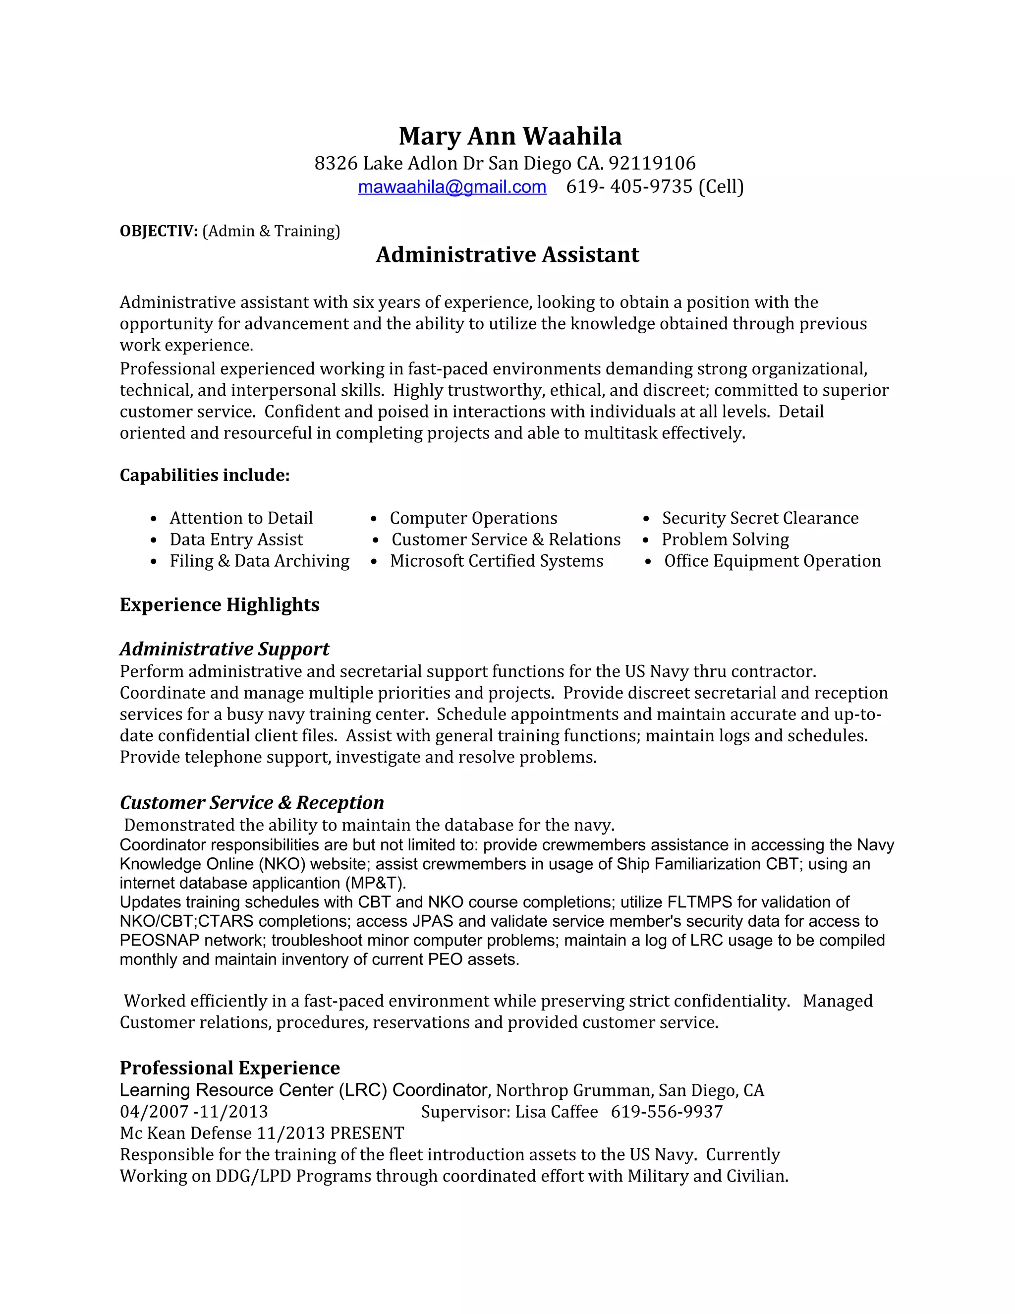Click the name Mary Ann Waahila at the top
[x=510, y=136]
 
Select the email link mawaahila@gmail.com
[x=451, y=187]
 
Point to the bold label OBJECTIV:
[x=159, y=231]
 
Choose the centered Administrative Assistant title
[x=507, y=254]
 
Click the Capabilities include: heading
[x=205, y=476]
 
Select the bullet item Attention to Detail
[x=241, y=518]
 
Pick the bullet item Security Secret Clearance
[x=760, y=518]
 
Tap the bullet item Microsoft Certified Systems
[x=496, y=561]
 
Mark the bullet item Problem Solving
[x=725, y=539]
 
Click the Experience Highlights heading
[x=220, y=604]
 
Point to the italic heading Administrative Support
[x=225, y=649]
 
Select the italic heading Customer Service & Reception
[x=251, y=803]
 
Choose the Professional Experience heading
[x=229, y=1068]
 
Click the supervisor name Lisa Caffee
[x=556, y=1112]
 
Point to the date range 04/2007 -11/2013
[x=194, y=1112]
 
